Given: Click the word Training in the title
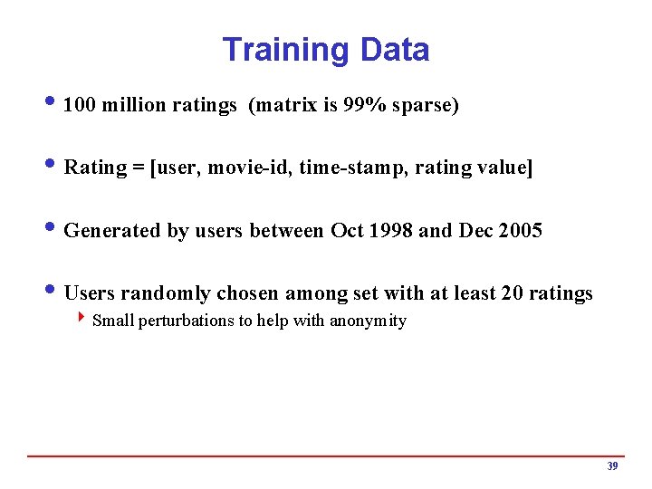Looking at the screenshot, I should [285, 50].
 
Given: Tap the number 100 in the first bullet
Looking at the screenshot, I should [81, 106].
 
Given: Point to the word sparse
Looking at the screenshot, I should [424, 106].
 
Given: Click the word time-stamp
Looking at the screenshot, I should [352, 168].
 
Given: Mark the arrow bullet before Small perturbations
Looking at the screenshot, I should [83, 319].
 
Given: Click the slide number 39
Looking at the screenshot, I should [612, 466].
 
